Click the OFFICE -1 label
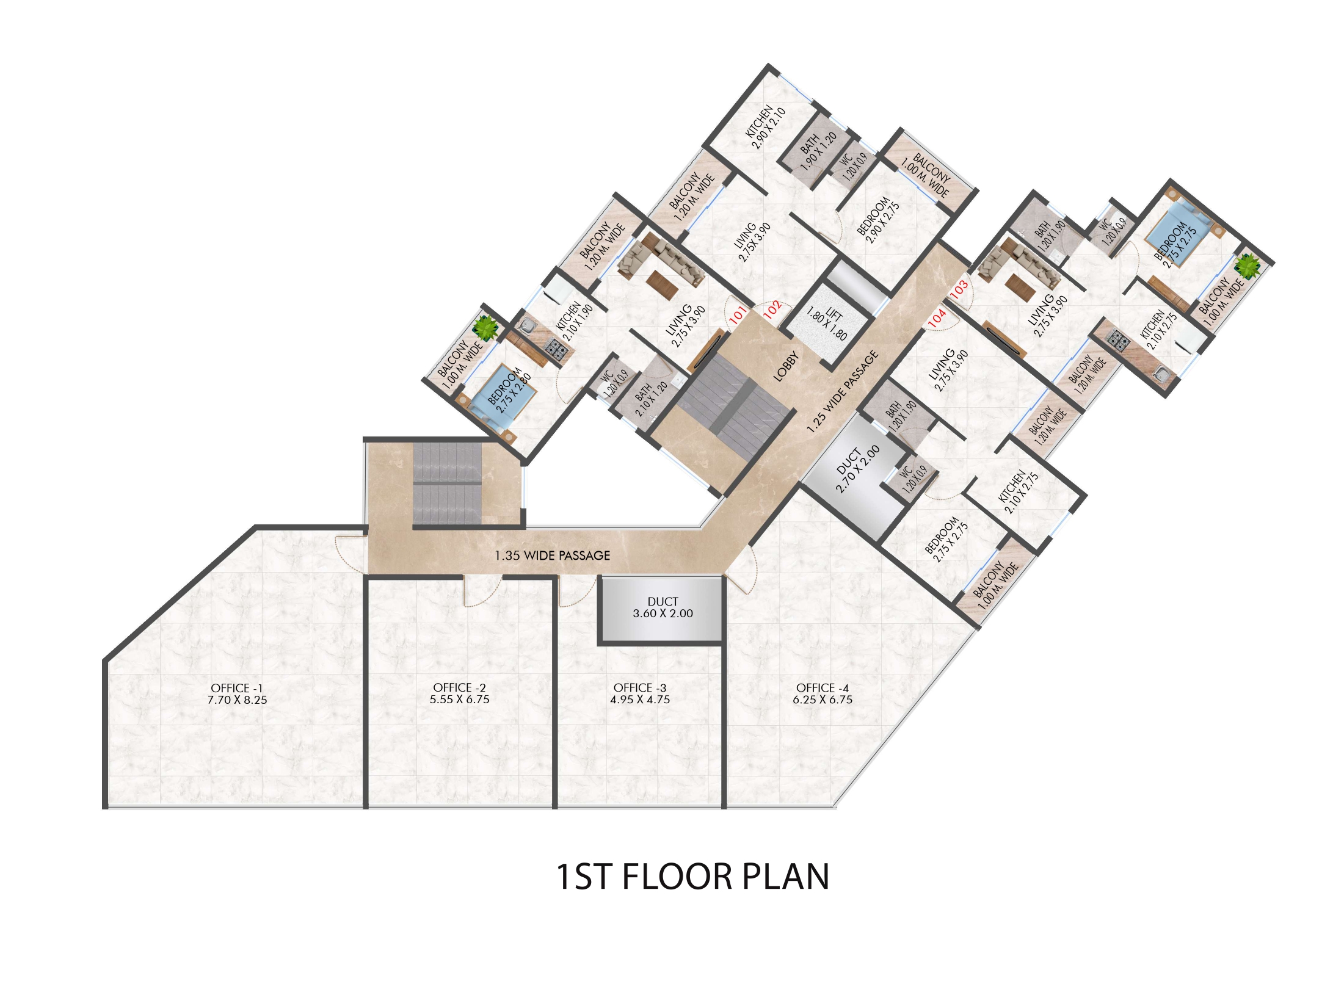click(x=237, y=694)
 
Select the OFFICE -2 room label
click(x=459, y=693)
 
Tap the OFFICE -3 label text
click(x=640, y=693)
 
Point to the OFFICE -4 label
click(x=823, y=693)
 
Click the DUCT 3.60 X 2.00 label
click(x=663, y=607)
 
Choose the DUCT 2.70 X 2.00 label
click(x=857, y=468)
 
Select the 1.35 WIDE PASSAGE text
click(x=553, y=555)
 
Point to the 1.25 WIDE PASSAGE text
click(x=843, y=392)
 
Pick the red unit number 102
click(x=772, y=309)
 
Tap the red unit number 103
click(x=959, y=287)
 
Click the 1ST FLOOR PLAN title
click(x=692, y=877)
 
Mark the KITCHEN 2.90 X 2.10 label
click(x=764, y=127)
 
